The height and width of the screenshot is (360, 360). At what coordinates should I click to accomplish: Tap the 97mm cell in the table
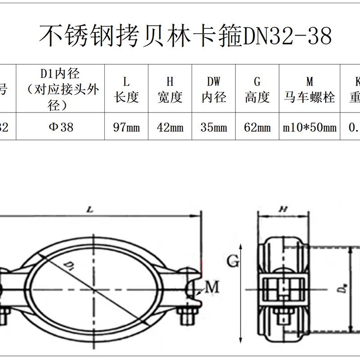[x=126, y=127]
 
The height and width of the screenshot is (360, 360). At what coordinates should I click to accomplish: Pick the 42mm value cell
[x=170, y=127]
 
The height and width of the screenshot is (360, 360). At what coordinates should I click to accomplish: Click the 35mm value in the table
[x=214, y=127]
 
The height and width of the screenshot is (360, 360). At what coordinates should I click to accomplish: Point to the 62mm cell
[x=257, y=127]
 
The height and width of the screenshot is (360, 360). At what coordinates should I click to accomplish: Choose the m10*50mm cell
[x=310, y=127]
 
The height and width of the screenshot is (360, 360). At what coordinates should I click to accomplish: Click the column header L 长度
[x=126, y=89]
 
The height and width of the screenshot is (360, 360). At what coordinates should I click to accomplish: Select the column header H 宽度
[x=170, y=89]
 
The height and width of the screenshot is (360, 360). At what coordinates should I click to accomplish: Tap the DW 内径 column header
[x=214, y=89]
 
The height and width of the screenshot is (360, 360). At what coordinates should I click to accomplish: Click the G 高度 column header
[x=257, y=89]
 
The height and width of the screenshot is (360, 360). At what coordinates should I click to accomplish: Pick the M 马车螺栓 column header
[x=310, y=89]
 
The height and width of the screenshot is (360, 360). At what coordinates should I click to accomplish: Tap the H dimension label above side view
[x=283, y=209]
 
